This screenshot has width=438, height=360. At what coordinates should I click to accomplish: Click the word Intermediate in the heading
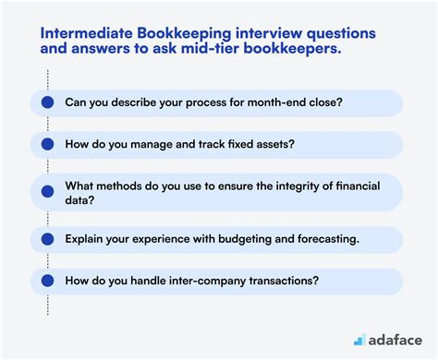pos(86,31)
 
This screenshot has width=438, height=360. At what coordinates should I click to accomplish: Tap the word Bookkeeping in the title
pos(182,31)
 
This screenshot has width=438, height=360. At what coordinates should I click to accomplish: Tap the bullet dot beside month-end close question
pos(43,102)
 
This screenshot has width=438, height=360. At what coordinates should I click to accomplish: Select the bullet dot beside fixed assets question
pos(43,144)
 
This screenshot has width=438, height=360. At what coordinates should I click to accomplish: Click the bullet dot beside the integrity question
pos(43,192)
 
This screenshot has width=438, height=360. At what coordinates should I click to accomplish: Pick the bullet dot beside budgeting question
pos(43,239)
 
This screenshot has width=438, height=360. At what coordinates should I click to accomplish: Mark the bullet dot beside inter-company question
pos(43,281)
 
